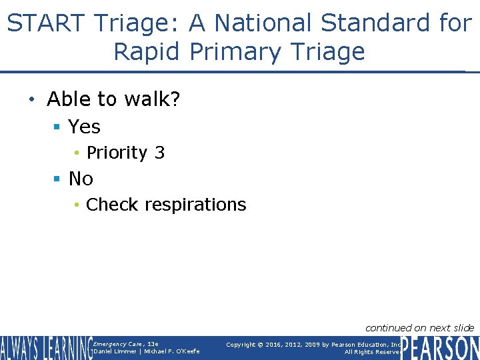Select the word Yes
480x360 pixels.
click(x=85, y=127)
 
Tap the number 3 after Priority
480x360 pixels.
click(x=159, y=153)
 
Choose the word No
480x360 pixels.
click(x=81, y=179)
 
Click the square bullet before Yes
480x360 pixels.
click(x=58, y=127)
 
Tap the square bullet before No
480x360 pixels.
click(x=58, y=179)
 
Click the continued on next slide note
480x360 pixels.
click(x=419, y=327)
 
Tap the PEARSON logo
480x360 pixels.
click(x=440, y=348)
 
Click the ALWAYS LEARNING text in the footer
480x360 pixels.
click(x=46, y=348)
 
